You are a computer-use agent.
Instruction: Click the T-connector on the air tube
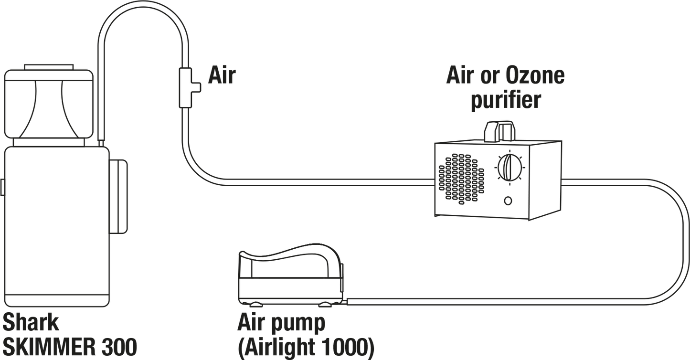pyautogui.click(x=186, y=88)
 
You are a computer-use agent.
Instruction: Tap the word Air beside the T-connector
pyautogui.click(x=222, y=75)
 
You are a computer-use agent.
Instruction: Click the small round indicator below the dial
pyautogui.click(x=508, y=201)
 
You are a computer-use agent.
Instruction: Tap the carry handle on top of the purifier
pyautogui.click(x=499, y=131)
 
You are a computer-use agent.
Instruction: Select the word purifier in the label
pyautogui.click(x=506, y=100)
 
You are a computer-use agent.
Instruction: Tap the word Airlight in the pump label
pyautogui.click(x=280, y=348)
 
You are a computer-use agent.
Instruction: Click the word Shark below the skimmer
pyautogui.click(x=31, y=322)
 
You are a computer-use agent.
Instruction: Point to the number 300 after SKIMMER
pyautogui.click(x=118, y=347)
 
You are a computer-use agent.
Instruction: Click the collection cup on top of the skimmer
pyautogui.click(x=49, y=104)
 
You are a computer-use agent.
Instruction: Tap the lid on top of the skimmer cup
pyautogui.click(x=49, y=67)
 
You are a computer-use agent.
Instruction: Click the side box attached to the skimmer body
pyautogui.click(x=118, y=197)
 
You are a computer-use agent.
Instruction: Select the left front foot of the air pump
pyautogui.click(x=255, y=305)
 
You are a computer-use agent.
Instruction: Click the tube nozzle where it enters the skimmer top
pyautogui.click(x=101, y=144)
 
